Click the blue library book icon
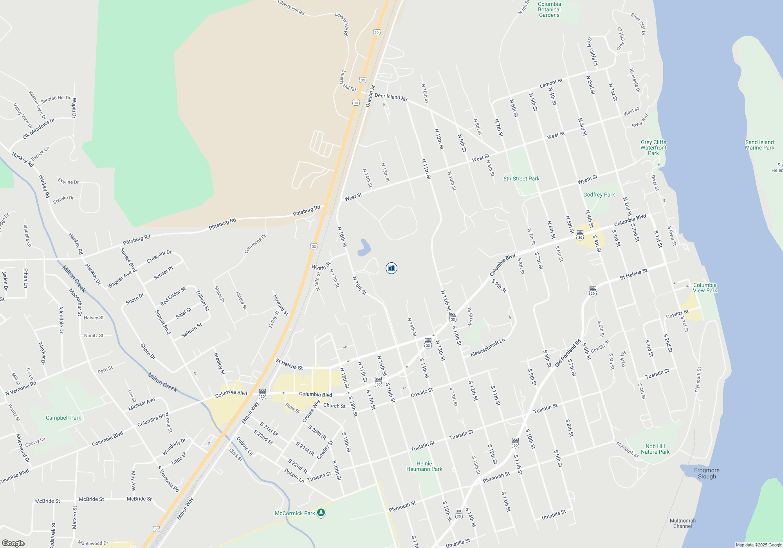pyautogui.click(x=391, y=268)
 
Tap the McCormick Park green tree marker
pyautogui.click(x=321, y=513)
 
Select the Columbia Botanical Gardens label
pyautogui.click(x=549, y=10)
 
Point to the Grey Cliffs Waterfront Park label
pyautogui.click(x=653, y=148)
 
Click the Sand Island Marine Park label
pyautogui.click(x=760, y=145)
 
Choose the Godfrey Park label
pyautogui.click(x=599, y=195)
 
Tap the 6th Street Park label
pyautogui.click(x=521, y=178)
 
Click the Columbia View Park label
pyautogui.click(x=705, y=288)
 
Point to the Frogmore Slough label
pyautogui.click(x=707, y=473)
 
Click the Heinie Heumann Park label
pyautogui.click(x=424, y=466)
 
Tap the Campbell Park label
pyautogui.click(x=63, y=418)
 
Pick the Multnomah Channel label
pyautogui.click(x=683, y=523)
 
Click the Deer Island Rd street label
pyautogui.click(x=391, y=97)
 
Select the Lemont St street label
pyautogui.click(x=551, y=83)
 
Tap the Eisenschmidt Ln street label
pyautogui.click(x=487, y=348)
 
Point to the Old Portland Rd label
pyautogui.click(x=568, y=353)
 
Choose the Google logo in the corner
pyautogui.click(x=13, y=543)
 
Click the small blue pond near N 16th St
pyautogui.click(x=364, y=248)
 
